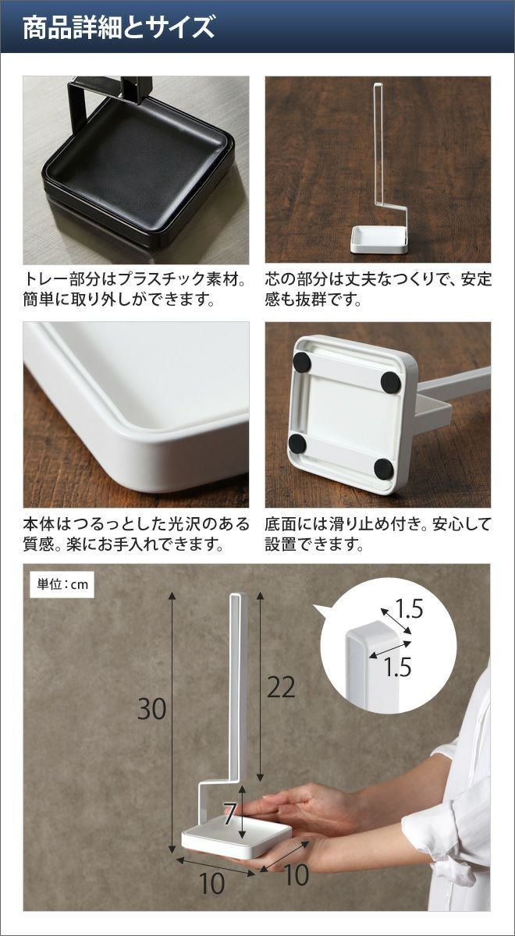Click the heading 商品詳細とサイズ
pyautogui.click(x=119, y=27)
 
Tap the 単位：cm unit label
pyautogui.click(x=62, y=583)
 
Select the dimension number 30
pyautogui.click(x=151, y=709)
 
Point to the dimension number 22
pyautogui.click(x=281, y=687)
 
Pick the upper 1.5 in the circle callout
pyautogui.click(x=407, y=609)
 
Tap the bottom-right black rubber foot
pyautogui.click(x=384, y=469)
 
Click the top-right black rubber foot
pyautogui.click(x=391, y=382)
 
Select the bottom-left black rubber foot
pyautogui.click(x=297, y=444)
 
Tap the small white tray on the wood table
pyautogui.click(x=378, y=240)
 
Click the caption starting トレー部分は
pyautogui.click(x=134, y=289)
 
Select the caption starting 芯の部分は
pyautogui.click(x=378, y=289)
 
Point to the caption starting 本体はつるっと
pyautogui.click(x=136, y=534)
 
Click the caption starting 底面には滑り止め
pyautogui.click(x=377, y=534)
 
